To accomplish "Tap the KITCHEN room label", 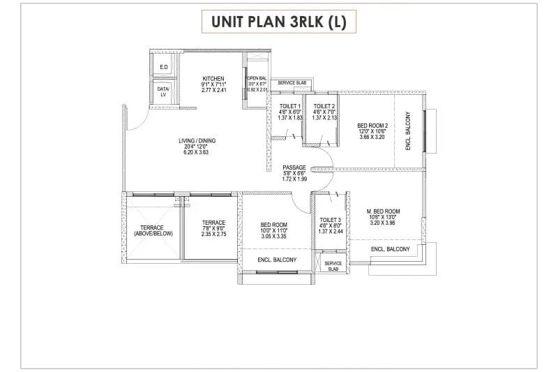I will pos(213,78).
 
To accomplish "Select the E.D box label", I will pos(163,68).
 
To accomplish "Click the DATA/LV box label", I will pos(163,91).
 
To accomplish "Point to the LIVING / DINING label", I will pos(197,141).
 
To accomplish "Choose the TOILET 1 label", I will pos(289,105).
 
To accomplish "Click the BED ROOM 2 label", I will pos(372,125).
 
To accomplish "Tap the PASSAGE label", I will pos(294,168).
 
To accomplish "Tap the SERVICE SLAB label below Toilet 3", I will pos(333,266).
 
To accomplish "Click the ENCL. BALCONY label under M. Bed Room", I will pos(390,249).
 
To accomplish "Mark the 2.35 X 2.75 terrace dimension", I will pos(213,235).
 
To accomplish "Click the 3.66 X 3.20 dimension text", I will pos(372,137).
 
